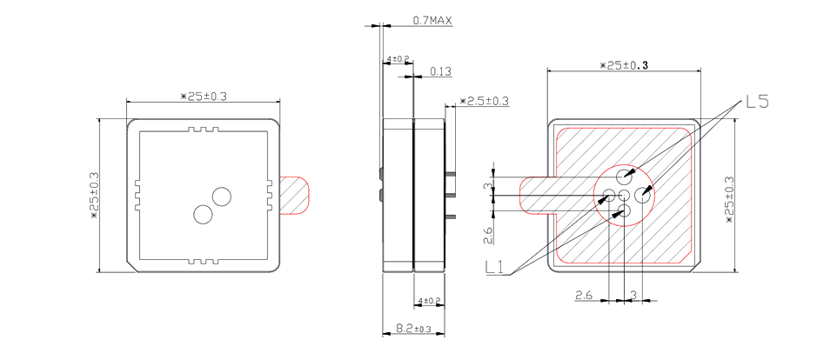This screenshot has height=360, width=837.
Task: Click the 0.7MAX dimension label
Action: (x=432, y=21)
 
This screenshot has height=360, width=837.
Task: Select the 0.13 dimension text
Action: (x=440, y=71)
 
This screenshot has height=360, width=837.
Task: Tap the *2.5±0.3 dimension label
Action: (x=484, y=101)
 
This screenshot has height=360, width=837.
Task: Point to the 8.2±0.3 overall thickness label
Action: (x=412, y=329)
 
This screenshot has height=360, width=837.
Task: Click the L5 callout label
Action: (x=757, y=102)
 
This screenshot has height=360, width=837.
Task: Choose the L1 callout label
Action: (x=495, y=267)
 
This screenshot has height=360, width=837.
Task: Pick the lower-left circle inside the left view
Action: (x=203, y=215)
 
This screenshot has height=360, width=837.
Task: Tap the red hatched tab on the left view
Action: (x=293, y=195)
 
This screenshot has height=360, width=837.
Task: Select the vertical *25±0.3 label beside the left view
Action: (x=94, y=195)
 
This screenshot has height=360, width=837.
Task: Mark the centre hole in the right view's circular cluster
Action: (x=624, y=195)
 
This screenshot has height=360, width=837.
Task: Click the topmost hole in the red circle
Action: (x=624, y=175)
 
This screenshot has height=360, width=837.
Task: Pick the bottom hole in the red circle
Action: (x=624, y=211)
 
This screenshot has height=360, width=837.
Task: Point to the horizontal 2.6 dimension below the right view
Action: (x=583, y=295)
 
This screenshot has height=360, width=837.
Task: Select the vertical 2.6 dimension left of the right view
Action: (x=488, y=234)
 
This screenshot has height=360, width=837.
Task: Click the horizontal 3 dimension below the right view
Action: (x=633, y=295)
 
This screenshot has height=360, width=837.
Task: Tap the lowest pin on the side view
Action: (x=451, y=217)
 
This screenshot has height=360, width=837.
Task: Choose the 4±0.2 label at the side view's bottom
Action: (x=429, y=302)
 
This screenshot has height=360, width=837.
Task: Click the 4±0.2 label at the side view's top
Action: (x=398, y=58)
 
